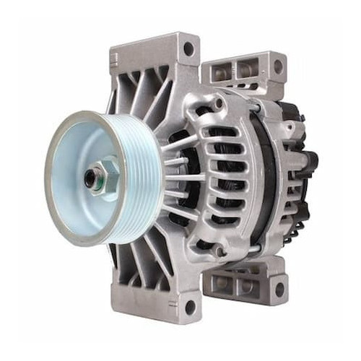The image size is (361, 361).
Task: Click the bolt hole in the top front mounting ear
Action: tap(188, 49)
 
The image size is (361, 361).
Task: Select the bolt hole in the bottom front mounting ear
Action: tap(189, 308)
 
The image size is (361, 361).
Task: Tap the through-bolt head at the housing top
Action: tap(217, 104)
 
